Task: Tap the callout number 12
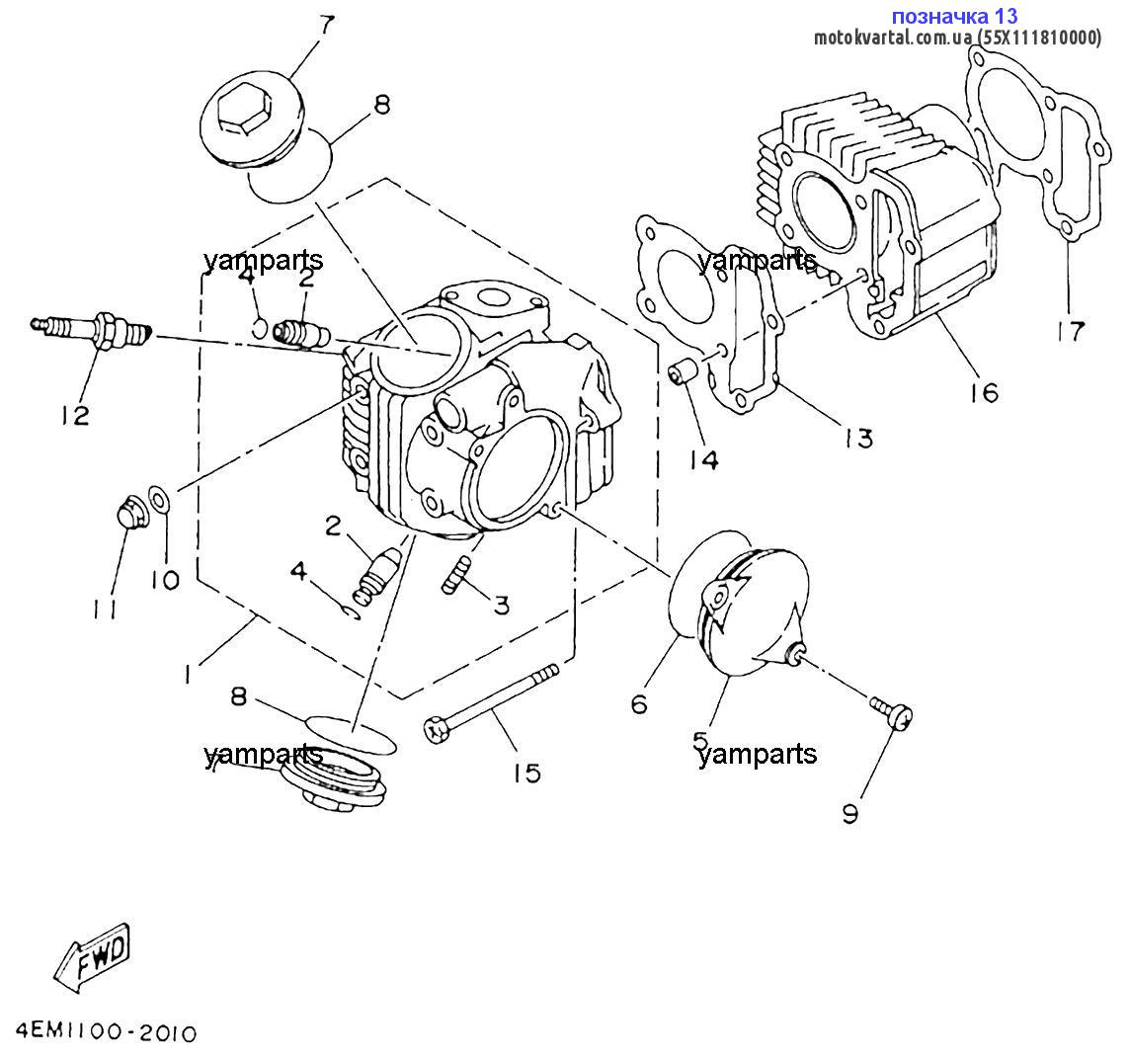click(x=74, y=414)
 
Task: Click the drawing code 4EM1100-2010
click(x=106, y=1033)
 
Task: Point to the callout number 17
click(x=1069, y=330)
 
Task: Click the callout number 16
click(x=983, y=392)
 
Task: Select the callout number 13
click(x=858, y=437)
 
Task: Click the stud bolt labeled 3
click(x=458, y=574)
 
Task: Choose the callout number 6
click(x=639, y=703)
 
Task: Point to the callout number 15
click(x=527, y=772)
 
